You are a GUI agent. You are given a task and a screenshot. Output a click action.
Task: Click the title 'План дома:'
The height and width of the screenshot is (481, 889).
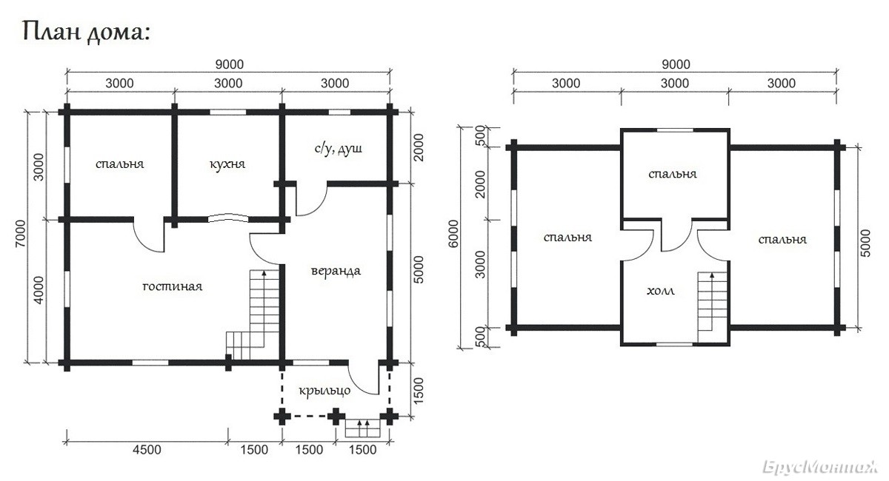[86, 33]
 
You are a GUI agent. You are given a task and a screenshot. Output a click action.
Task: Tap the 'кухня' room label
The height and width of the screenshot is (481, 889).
[227, 164]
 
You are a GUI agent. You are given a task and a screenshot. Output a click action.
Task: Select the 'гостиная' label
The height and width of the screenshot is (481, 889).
[172, 286]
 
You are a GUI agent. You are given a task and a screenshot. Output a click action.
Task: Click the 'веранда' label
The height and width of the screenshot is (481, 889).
[336, 272]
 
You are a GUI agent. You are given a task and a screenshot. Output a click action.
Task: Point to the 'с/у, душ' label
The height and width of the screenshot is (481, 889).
[338, 149]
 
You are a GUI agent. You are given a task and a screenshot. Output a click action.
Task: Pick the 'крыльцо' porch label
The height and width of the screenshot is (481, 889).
[324, 391]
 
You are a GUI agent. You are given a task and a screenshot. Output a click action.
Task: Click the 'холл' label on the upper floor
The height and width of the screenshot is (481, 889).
[660, 292]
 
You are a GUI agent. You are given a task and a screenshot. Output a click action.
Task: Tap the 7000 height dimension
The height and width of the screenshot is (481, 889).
[20, 234]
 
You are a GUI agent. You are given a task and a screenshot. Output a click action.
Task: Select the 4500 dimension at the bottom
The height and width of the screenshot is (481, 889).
[147, 450]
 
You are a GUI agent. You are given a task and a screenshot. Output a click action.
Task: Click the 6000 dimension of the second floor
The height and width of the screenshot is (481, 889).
[453, 234]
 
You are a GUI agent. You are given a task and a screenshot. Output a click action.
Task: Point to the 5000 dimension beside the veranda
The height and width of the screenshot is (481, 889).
[419, 270]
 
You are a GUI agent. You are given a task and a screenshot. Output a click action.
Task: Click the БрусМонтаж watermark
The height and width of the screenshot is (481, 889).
[820, 467]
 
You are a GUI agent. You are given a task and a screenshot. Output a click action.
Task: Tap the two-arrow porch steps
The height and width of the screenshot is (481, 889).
[362, 428]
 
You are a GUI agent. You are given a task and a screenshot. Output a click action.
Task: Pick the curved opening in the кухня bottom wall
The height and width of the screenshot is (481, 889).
[228, 218]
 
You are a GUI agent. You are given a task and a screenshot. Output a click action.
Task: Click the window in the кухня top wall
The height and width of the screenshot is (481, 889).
[228, 112]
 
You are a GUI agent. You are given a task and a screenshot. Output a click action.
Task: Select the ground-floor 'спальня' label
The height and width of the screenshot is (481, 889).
[119, 164]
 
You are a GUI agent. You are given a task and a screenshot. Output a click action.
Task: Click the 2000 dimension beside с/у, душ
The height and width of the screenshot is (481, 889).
[419, 147]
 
